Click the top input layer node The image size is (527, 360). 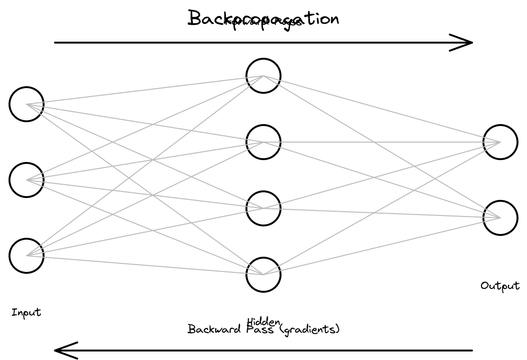click(x=27, y=104)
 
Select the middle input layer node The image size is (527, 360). click(x=27, y=180)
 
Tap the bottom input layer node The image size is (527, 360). click(x=27, y=256)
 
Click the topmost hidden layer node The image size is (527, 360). click(x=263, y=76)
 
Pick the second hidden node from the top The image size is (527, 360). click(x=263, y=142)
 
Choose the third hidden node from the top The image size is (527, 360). click(x=263, y=208)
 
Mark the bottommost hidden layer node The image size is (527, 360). click(x=263, y=275)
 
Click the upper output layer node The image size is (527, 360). click(x=500, y=142)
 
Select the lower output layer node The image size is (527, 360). click(x=500, y=218)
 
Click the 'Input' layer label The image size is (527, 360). click(x=27, y=313)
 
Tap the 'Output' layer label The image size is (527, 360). click(x=500, y=286)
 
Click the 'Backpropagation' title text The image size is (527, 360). click(x=264, y=18)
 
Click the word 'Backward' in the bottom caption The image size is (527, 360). click(x=210, y=329)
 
